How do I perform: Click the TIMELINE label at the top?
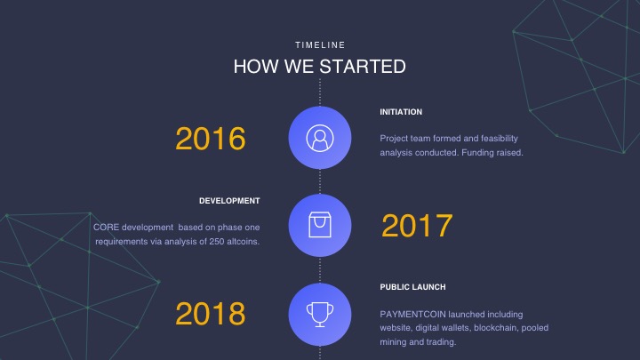[x=320, y=45]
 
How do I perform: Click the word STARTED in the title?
[x=363, y=67]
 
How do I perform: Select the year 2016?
[x=211, y=139]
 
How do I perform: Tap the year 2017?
[x=417, y=225]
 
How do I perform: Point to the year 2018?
[x=211, y=314]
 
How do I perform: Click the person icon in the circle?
[x=320, y=138]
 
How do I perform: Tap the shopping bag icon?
[x=320, y=225]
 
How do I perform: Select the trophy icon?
[x=320, y=315]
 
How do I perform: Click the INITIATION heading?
[x=401, y=112]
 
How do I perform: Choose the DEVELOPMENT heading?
[x=229, y=201]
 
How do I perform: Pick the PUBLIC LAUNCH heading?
[x=412, y=287]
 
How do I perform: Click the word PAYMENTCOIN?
[x=412, y=315]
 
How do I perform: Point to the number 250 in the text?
[x=217, y=242]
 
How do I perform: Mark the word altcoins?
[x=244, y=242]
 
